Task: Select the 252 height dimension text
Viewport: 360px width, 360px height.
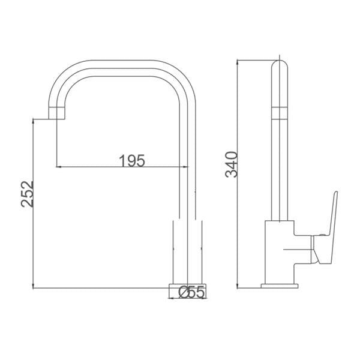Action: (x=28, y=194)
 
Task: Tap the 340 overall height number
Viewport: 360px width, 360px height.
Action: (x=231, y=164)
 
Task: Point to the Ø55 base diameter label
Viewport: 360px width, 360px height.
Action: (x=191, y=292)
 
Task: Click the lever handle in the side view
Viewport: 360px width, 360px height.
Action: (x=326, y=230)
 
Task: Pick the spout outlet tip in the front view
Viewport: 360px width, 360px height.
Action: (x=57, y=113)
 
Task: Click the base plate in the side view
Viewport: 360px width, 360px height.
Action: (x=280, y=286)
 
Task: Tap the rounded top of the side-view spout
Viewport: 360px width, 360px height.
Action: (x=280, y=65)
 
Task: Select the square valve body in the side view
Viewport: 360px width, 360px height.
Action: (x=280, y=252)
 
